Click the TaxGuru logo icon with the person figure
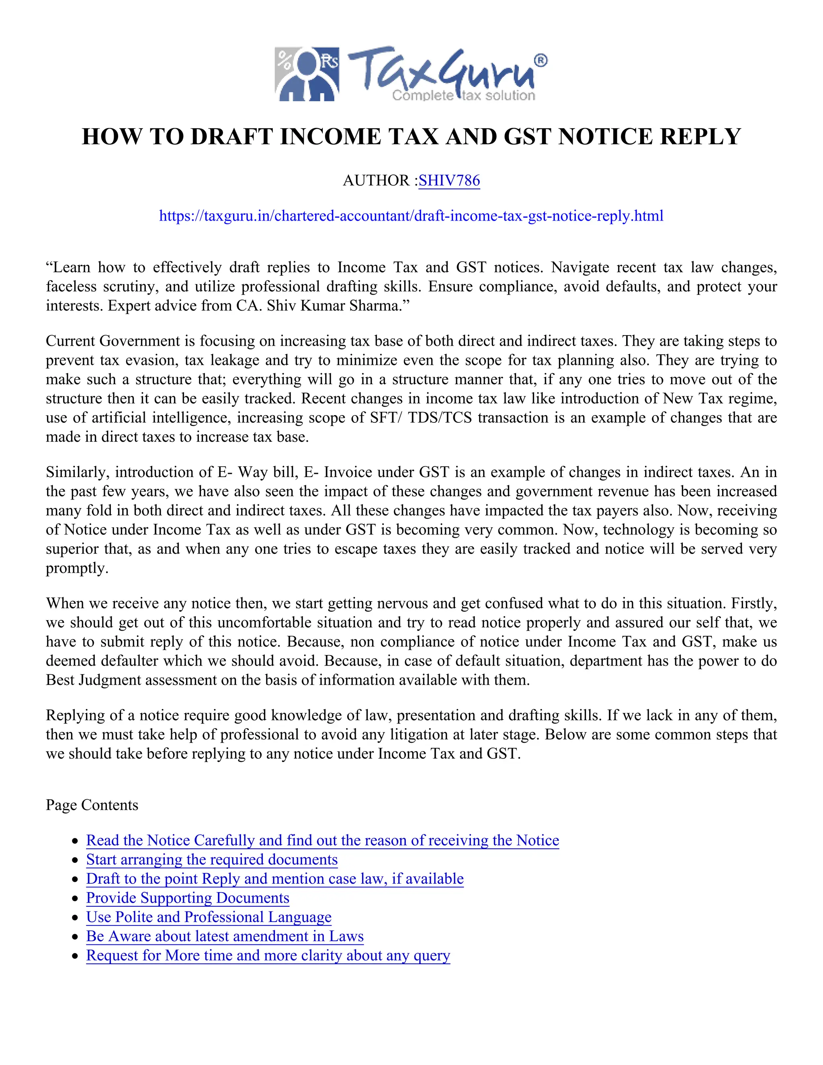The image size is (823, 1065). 307,74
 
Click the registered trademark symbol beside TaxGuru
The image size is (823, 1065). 540,60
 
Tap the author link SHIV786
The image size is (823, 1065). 449,180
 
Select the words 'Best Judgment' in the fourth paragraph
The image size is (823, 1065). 94,680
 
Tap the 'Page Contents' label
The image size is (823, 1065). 92,805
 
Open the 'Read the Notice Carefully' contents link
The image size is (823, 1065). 322,840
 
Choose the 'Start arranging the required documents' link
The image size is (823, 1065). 212,859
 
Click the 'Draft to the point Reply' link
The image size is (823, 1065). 274,879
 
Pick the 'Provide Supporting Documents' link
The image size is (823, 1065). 188,898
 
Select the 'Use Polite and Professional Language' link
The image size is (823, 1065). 209,917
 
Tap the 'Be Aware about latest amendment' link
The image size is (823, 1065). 225,936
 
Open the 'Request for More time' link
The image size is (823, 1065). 268,955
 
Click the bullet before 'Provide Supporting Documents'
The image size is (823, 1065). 75,899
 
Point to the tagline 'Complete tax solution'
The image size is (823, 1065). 463,96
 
